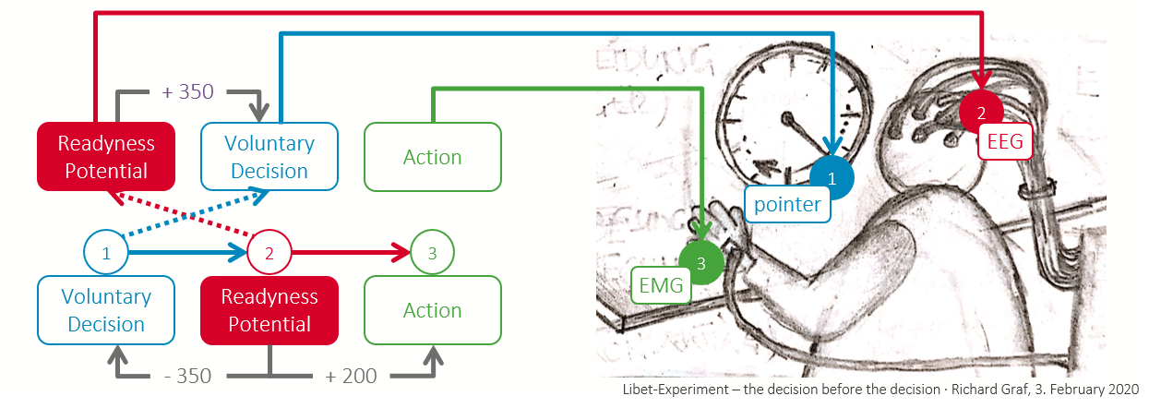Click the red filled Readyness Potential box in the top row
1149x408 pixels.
click(106, 156)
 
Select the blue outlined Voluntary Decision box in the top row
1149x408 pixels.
click(269, 156)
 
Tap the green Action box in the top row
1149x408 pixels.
click(433, 156)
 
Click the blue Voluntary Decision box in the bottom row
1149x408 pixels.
click(106, 310)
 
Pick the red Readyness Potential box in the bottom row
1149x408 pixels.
click(269, 310)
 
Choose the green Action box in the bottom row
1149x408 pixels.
click(433, 310)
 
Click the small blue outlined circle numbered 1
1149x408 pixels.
click(106, 252)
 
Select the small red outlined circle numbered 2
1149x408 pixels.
click(269, 252)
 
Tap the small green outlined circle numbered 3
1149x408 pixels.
click(433, 252)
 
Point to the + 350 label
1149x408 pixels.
click(187, 91)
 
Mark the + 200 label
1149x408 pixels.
click(351, 376)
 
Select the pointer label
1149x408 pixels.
click(787, 204)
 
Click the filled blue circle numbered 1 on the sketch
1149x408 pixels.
click(832, 178)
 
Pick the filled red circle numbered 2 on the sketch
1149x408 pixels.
click(981, 113)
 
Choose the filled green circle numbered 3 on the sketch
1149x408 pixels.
click(700, 263)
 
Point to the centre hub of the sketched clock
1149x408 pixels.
click(790, 119)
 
